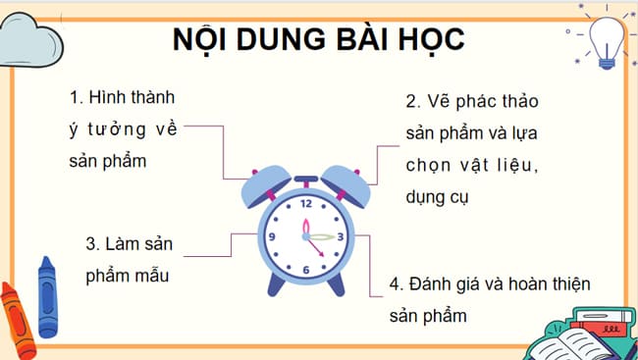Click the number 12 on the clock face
pos(306,204)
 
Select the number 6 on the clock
pos(306,270)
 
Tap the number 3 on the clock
pos(340,236)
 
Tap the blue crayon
pos(46,294)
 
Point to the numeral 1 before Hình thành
pos(76,99)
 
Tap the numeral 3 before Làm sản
pos(90,243)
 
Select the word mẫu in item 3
pos(151,276)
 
